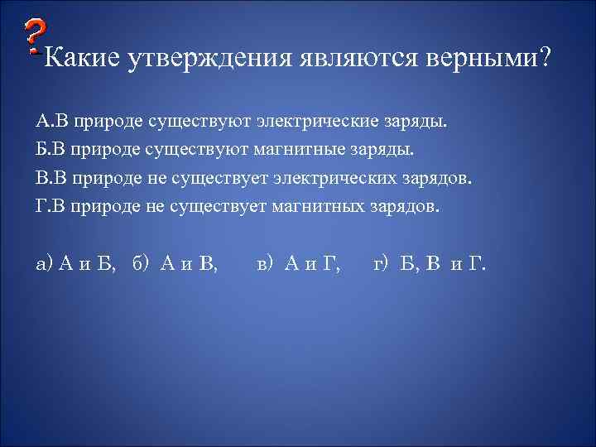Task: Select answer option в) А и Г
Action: (x=299, y=264)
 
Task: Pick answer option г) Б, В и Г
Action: (x=430, y=264)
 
